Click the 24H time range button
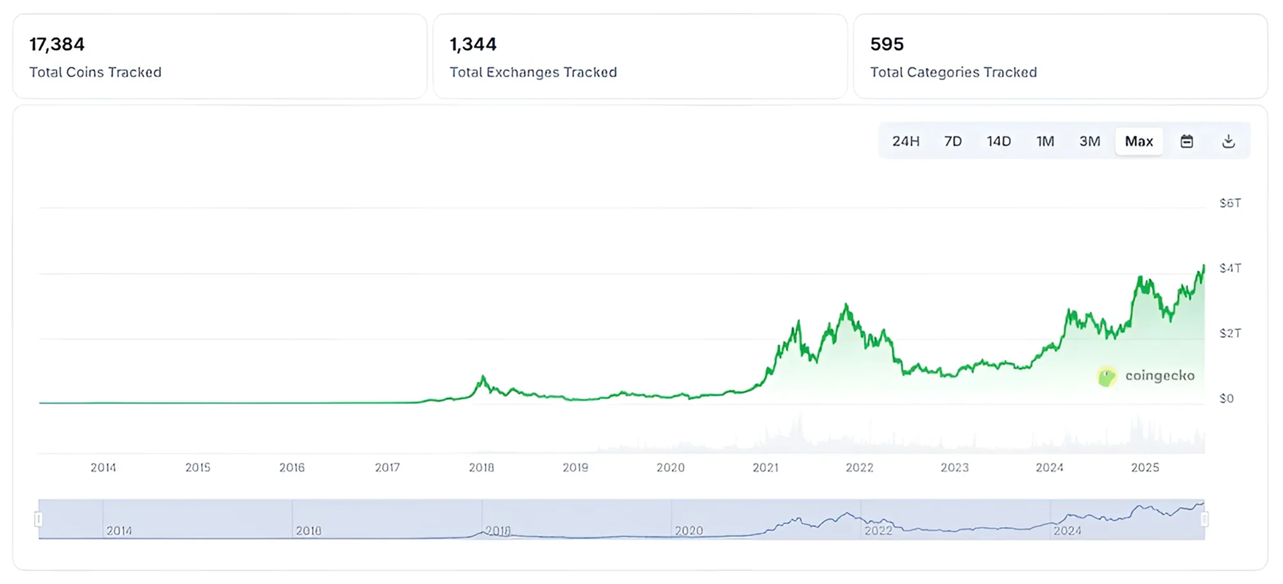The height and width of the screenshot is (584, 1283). pyautogui.click(x=905, y=141)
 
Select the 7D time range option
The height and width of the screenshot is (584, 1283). pyautogui.click(x=953, y=141)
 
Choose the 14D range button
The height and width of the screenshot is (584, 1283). pyautogui.click(x=998, y=141)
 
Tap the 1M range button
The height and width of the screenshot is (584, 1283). pyautogui.click(x=1045, y=141)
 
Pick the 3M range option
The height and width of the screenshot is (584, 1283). pyautogui.click(x=1089, y=141)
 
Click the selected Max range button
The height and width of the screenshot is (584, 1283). pyautogui.click(x=1139, y=141)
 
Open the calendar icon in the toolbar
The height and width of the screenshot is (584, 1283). pyautogui.click(x=1187, y=141)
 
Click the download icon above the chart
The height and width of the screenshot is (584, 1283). pyautogui.click(x=1228, y=141)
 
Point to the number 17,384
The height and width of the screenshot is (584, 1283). pyautogui.click(x=57, y=44)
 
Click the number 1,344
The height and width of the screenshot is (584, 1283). pyautogui.click(x=473, y=44)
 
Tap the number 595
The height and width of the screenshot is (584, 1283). pyautogui.click(x=887, y=44)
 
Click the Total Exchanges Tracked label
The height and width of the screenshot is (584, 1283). pyautogui.click(x=533, y=72)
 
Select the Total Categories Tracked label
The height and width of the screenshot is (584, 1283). pyautogui.click(x=953, y=72)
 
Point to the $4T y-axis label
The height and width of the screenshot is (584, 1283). pyautogui.click(x=1230, y=268)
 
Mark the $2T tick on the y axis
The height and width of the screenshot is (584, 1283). pyautogui.click(x=1230, y=333)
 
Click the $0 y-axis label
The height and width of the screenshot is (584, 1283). pyautogui.click(x=1227, y=399)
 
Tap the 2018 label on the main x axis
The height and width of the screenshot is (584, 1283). pyautogui.click(x=481, y=467)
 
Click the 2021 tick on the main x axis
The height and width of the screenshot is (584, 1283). pyautogui.click(x=765, y=467)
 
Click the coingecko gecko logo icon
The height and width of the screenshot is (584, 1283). pyautogui.click(x=1107, y=376)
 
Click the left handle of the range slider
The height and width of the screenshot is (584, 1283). pyautogui.click(x=38, y=519)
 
